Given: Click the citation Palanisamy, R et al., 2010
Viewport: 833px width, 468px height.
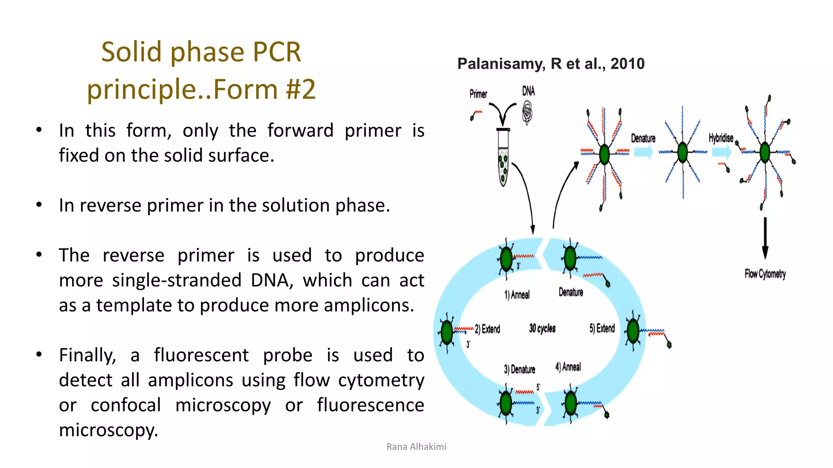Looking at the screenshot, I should tap(551, 64).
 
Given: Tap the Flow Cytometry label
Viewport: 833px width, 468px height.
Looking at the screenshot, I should tap(765, 274).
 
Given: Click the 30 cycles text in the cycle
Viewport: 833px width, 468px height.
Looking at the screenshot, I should tap(542, 328).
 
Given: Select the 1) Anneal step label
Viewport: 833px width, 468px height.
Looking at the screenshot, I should tap(517, 295).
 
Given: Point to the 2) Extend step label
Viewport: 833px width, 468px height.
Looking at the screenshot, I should tap(487, 329).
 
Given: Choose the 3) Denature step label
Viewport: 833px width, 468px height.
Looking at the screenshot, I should tap(519, 369).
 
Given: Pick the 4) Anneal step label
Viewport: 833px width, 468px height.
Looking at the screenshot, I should tap(568, 367).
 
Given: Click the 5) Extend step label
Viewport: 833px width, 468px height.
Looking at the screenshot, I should tap(602, 328).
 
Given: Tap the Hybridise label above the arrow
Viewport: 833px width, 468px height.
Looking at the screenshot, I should tap(721, 138).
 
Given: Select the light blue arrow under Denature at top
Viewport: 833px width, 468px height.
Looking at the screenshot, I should tap(643, 152).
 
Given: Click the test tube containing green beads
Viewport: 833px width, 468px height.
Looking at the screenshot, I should tap(503, 158).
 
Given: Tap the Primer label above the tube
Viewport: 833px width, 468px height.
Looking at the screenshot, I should tap(478, 94).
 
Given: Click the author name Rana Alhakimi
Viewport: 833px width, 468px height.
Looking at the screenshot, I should tap(416, 446).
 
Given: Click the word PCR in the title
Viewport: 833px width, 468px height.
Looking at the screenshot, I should tap(276, 52).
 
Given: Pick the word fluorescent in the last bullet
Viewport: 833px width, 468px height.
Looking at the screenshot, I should tap(201, 355).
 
